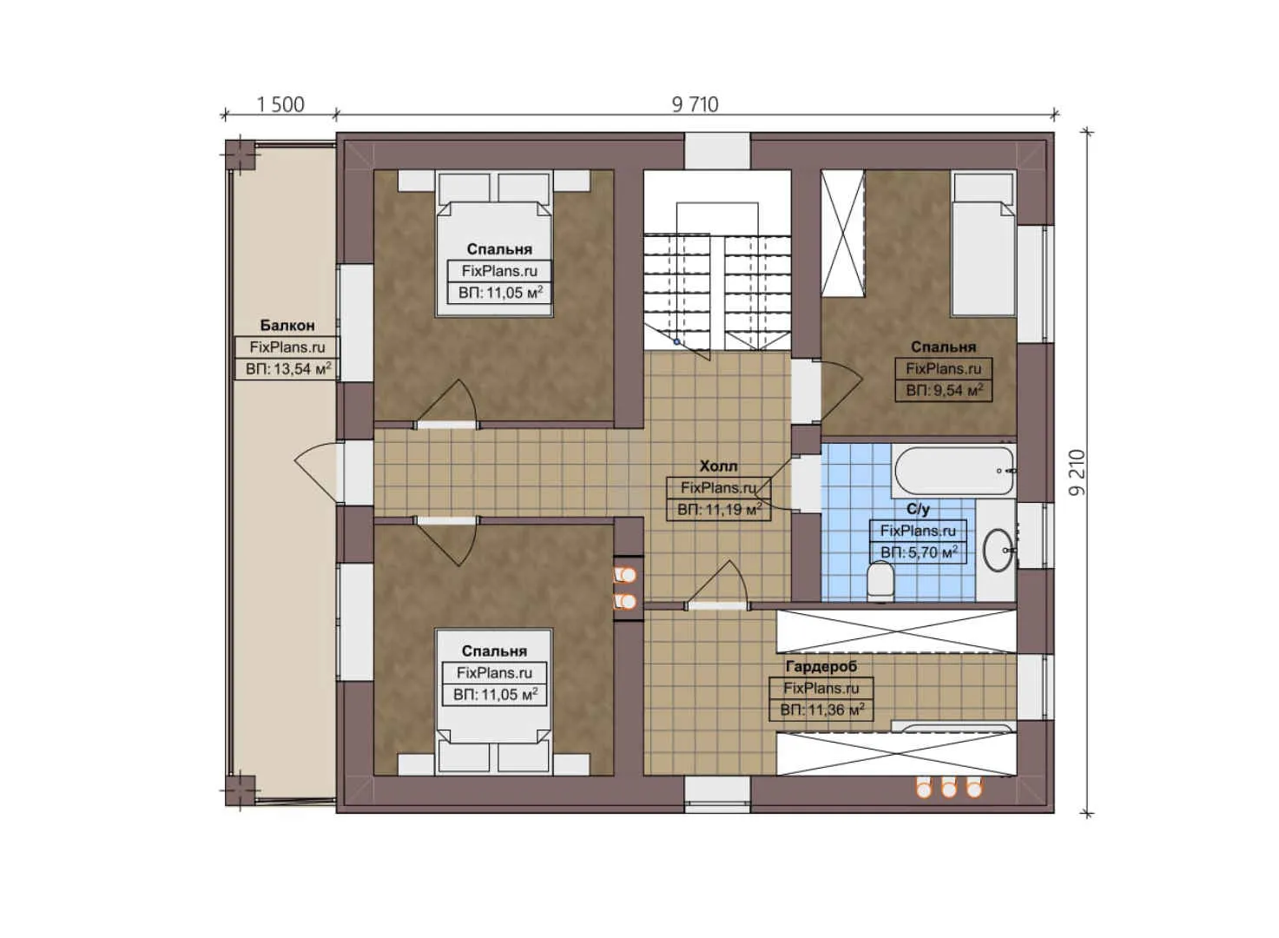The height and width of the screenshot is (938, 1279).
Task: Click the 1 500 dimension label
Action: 280,105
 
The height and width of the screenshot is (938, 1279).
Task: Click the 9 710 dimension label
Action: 695,104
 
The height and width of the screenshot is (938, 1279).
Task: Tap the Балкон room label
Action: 287,326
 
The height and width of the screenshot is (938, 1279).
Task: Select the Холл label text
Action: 718,466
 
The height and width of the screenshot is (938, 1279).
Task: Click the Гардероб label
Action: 821,666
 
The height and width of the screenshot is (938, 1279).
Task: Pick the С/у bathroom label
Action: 918,509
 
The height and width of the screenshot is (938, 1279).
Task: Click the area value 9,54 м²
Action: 944,391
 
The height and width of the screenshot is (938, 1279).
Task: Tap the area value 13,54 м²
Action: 287,369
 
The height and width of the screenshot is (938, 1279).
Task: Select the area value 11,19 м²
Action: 719,510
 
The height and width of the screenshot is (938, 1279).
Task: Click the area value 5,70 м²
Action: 919,552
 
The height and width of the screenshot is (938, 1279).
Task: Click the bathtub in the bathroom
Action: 953,470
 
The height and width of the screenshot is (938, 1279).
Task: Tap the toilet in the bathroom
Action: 880,580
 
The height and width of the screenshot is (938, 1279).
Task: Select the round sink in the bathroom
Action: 999,549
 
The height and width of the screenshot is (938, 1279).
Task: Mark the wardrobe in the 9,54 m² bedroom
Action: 842,233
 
